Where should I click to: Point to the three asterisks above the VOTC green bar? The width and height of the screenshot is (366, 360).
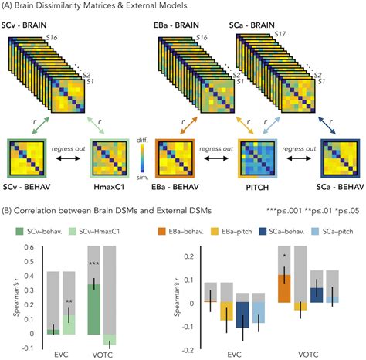93,265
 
